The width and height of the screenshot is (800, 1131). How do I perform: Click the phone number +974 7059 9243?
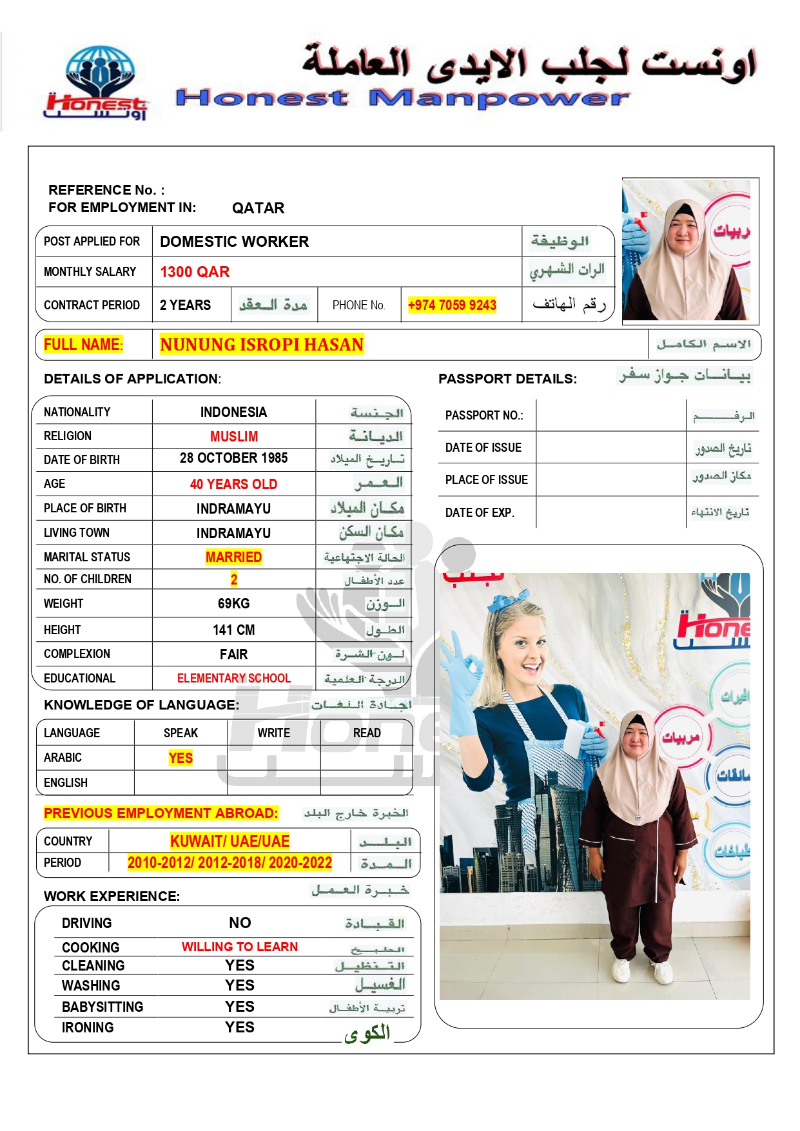[452, 305]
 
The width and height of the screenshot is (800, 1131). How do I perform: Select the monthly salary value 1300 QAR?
[195, 272]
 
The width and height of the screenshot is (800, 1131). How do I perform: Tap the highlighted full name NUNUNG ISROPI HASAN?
[262, 345]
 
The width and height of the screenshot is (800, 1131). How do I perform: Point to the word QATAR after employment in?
[258, 208]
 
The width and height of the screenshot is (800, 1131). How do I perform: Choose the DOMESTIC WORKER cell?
[235, 242]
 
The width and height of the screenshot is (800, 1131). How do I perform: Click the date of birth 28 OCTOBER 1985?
[233, 458]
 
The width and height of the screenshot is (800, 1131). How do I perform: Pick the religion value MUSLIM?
[233, 436]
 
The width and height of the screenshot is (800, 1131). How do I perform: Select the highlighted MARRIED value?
[233, 557]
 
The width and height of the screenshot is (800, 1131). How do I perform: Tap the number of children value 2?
[234, 579]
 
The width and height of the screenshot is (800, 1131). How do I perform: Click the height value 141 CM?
[233, 630]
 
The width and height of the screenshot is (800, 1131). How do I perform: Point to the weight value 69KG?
[233, 604]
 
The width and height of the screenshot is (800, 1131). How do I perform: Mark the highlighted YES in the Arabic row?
[180, 758]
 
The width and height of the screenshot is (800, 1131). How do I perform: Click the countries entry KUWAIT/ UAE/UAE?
[229, 841]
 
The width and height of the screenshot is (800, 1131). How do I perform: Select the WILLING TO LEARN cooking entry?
[239, 947]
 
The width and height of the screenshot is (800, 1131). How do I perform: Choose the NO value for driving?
[240, 923]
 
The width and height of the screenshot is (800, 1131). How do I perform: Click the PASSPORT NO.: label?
[484, 416]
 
